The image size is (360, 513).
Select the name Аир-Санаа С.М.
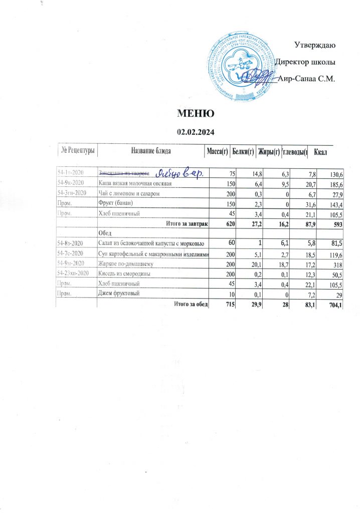(x=305, y=79)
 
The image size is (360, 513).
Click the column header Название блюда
(x=151, y=151)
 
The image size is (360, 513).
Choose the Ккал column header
(x=320, y=151)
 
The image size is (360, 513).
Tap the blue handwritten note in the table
(x=178, y=173)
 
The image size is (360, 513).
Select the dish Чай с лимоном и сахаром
(x=128, y=193)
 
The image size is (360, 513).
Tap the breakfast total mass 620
(x=217, y=223)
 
